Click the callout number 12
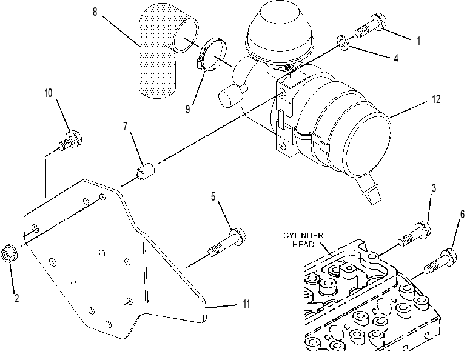coord(436,99)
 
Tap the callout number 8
coord(95,12)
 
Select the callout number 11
coord(246,304)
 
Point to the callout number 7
coord(126,127)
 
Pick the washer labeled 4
coord(343,42)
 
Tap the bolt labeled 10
coord(70,141)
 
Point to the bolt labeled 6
coord(440,262)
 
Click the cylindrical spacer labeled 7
coord(145,171)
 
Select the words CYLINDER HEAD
coord(303,240)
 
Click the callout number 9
coord(187,109)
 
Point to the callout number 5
coord(213,196)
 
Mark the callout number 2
coord(17,298)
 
